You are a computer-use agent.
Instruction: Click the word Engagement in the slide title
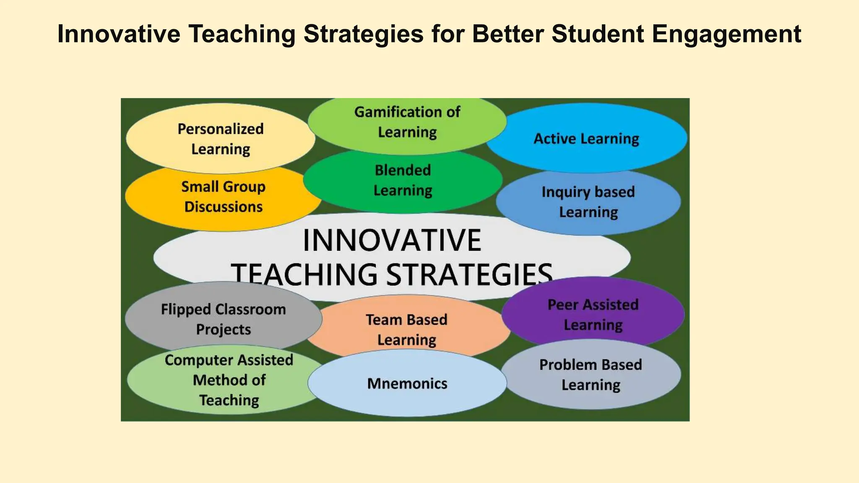click(726, 34)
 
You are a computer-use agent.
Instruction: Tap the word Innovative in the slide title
click(119, 34)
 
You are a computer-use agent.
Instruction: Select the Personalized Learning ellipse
click(221, 139)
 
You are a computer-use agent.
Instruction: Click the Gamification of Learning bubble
click(407, 122)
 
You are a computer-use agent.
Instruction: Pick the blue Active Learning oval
click(586, 139)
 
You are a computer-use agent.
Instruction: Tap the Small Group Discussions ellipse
click(223, 197)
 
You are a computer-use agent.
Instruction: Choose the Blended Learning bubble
click(403, 180)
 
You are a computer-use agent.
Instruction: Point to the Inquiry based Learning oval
click(588, 202)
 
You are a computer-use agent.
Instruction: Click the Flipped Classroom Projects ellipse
click(223, 319)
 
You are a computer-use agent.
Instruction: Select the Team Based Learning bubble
click(406, 330)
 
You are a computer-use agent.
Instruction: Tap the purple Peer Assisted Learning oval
click(593, 314)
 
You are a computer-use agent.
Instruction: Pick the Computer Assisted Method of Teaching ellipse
click(229, 380)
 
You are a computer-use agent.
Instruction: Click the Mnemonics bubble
click(407, 384)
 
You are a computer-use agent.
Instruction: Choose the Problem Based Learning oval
click(591, 374)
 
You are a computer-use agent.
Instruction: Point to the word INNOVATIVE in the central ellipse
click(392, 240)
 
